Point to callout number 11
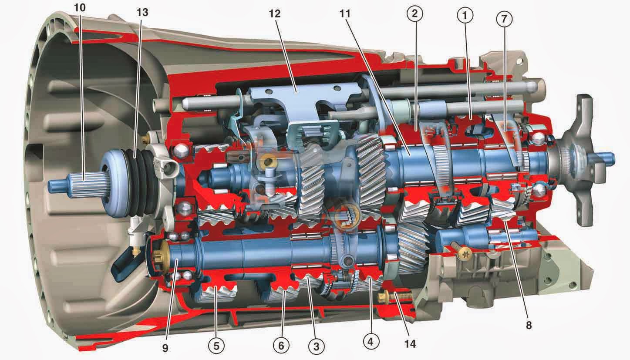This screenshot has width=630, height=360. pyautogui.click(x=346, y=13)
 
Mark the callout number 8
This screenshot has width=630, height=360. pyautogui.click(x=529, y=325)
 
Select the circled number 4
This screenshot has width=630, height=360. pyautogui.click(x=371, y=341)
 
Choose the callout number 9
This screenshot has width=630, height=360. pyautogui.click(x=165, y=348)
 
